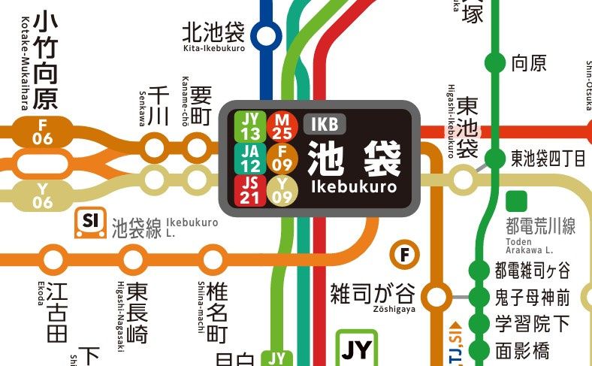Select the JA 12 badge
[251, 158]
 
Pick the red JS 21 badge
[251, 189]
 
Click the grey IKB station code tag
[324, 123]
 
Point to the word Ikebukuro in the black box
[353, 186]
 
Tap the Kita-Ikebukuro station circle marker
[264, 35]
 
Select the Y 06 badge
[42, 197]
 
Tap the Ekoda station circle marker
[53, 259]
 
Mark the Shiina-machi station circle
[211, 259]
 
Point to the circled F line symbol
[406, 255]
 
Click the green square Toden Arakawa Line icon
[516, 201]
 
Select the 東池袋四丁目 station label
[548, 158]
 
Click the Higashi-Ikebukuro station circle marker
[463, 179]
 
